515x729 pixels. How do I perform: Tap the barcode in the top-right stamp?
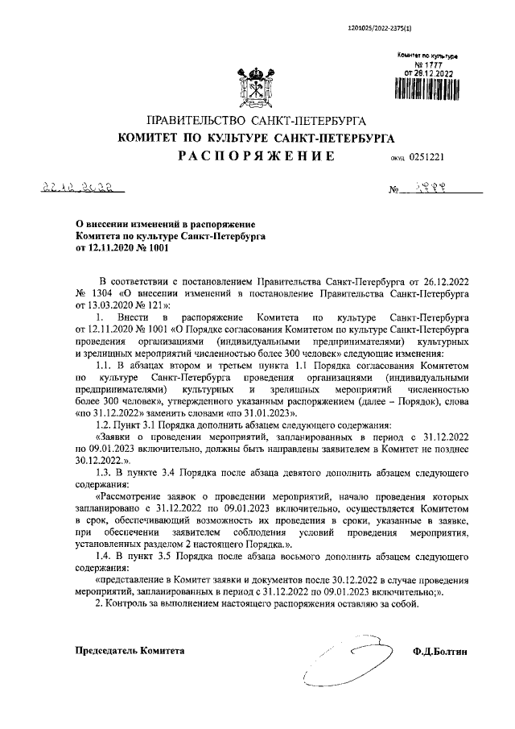pyautogui.click(x=429, y=90)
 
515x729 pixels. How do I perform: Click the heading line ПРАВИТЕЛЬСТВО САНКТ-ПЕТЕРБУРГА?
pyautogui.click(x=257, y=121)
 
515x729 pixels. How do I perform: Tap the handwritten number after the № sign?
pyautogui.click(x=434, y=192)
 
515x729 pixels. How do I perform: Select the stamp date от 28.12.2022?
pyautogui.click(x=430, y=72)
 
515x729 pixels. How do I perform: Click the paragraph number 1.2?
pyautogui.click(x=105, y=423)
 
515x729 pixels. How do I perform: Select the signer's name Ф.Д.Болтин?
pyautogui.click(x=441, y=650)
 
